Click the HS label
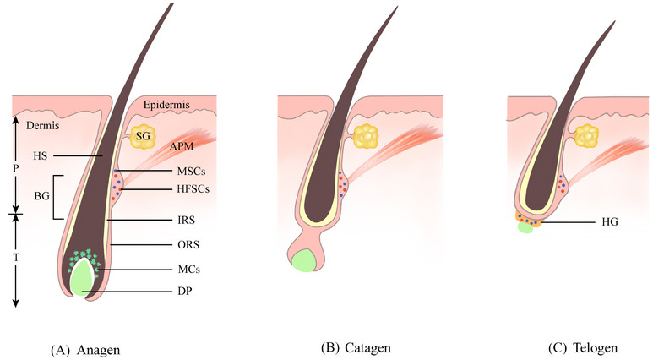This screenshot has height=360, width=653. pyautogui.click(x=41, y=156)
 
